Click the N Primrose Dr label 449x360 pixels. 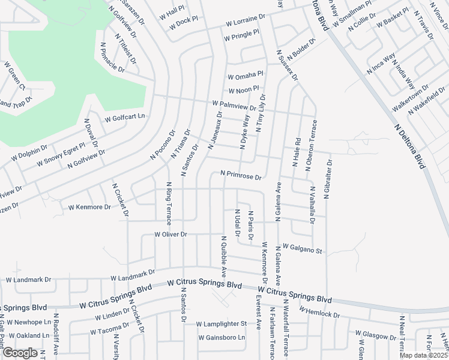click(241, 176)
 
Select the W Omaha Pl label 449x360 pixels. click(246, 76)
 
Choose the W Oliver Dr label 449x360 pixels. click(171, 234)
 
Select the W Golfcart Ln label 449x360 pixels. click(125, 117)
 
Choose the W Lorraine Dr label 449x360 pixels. click(245, 22)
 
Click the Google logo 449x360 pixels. click(20, 353)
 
